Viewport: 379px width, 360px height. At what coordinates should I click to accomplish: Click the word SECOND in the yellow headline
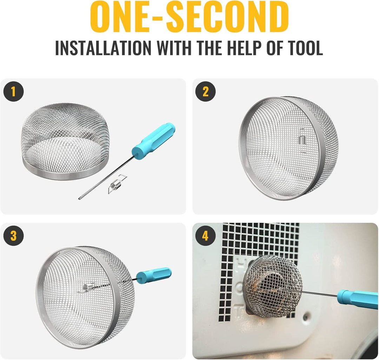tap(227, 17)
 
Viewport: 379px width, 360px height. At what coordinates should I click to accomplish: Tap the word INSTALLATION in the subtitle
tap(104, 48)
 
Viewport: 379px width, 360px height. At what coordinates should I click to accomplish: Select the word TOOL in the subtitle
tap(295, 48)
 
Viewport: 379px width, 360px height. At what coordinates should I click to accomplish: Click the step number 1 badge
tap(14, 92)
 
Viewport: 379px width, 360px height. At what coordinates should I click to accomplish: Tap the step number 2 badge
tap(205, 92)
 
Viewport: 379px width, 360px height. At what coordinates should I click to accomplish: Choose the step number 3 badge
tap(14, 235)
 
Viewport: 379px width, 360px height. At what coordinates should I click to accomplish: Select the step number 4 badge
tap(205, 235)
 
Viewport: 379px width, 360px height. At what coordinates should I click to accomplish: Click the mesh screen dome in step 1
tap(65, 141)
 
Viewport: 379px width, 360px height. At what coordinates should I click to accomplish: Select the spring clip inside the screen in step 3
tap(87, 287)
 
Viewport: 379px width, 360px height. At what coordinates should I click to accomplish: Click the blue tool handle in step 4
tap(358, 299)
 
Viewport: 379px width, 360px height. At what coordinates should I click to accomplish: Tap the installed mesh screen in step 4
tap(273, 287)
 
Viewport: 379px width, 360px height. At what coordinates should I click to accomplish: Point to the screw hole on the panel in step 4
tap(307, 315)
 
